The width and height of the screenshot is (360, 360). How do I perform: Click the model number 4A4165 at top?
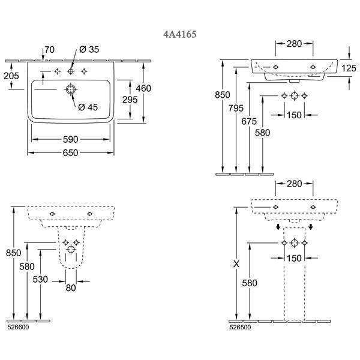point(179,35)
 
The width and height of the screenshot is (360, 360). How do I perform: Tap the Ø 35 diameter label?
point(89,50)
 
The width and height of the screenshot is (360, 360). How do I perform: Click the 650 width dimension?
point(72,154)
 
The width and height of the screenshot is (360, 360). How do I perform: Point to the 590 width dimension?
point(72,139)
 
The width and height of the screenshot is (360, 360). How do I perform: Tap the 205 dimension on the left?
point(11,76)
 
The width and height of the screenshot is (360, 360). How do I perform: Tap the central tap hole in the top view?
point(71,71)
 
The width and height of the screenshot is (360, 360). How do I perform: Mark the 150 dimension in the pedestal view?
point(294,258)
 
